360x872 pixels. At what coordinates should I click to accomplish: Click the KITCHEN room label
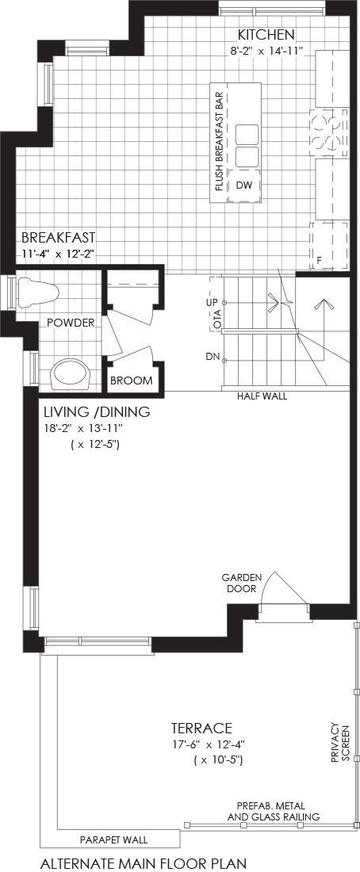[x=266, y=35]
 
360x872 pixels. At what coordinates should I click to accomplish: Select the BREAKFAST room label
[x=58, y=238]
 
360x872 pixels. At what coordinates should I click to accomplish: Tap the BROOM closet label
[x=132, y=381]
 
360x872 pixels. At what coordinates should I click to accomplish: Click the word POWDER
[x=70, y=323]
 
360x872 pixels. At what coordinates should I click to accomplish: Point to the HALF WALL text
[x=262, y=396]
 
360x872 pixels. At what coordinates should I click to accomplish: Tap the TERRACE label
[x=201, y=728]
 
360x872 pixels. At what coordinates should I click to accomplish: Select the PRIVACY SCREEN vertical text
[x=340, y=743]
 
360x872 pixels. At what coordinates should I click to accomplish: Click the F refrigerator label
[x=320, y=259]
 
